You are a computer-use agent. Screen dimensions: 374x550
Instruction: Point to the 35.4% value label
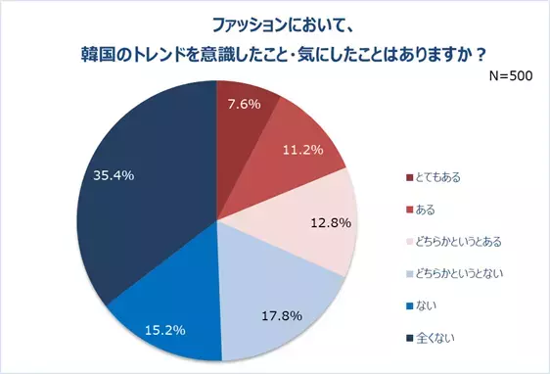click(114, 175)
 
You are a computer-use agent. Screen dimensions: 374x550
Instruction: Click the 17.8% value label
click(281, 315)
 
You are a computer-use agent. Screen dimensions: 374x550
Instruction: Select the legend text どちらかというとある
click(460, 241)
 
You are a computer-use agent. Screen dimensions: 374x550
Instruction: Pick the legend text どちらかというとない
click(460, 272)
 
